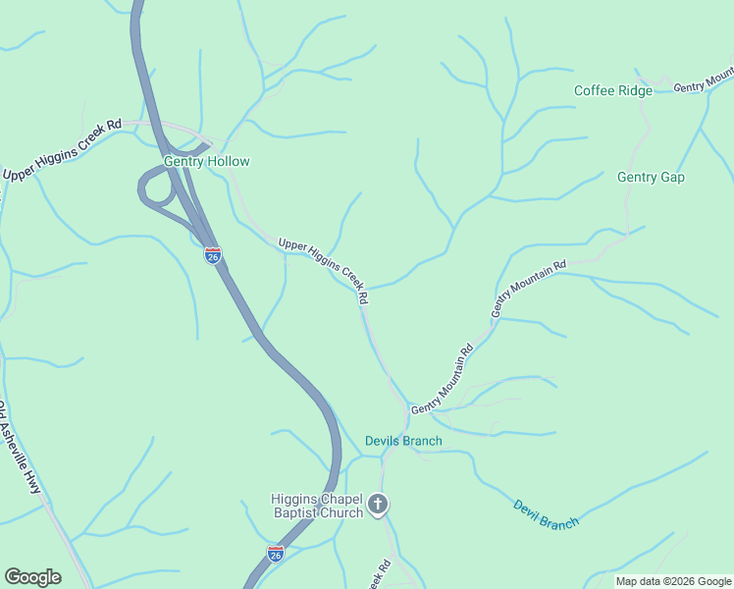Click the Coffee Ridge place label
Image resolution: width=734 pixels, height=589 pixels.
(612, 91)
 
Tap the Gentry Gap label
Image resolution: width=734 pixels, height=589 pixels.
(651, 178)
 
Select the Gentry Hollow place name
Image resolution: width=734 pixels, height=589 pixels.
(207, 162)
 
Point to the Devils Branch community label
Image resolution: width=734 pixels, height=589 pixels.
(403, 442)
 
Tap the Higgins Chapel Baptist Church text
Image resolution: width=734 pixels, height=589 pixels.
(316, 506)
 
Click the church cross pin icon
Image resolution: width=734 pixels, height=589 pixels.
(379, 507)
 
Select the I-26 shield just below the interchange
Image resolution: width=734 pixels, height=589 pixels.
(213, 255)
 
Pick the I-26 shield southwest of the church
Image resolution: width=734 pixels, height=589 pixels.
(276, 554)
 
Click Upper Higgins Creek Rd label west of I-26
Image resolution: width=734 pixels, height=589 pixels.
(61, 150)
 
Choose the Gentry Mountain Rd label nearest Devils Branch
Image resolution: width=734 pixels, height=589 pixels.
(443, 379)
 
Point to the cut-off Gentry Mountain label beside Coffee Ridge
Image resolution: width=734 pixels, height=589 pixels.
(704, 81)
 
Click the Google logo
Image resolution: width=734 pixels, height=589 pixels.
(32, 577)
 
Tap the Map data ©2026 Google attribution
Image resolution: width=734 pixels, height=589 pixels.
(672, 581)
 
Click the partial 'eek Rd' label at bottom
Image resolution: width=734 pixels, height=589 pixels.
(379, 574)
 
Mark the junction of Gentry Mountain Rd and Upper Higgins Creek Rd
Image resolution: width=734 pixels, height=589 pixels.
(405, 407)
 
